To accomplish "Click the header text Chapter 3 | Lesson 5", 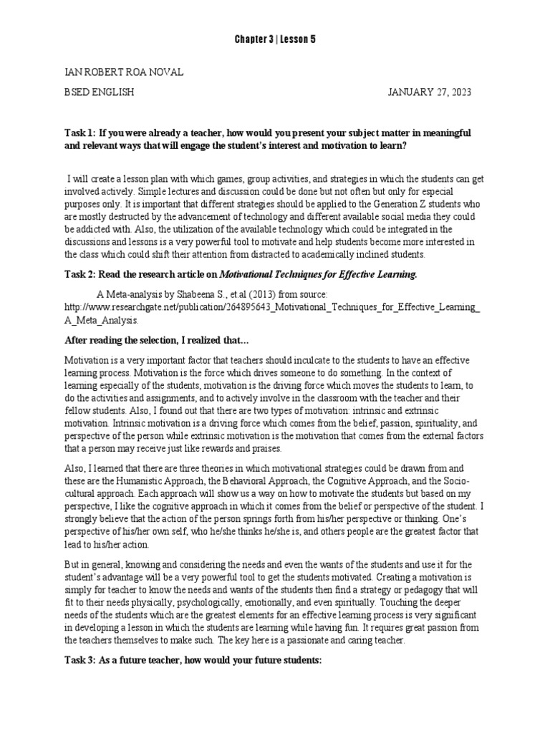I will coord(275,39).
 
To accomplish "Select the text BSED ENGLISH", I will coord(99,93).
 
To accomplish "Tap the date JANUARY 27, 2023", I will coord(430,93).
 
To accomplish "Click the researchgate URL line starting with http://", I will coord(273,308).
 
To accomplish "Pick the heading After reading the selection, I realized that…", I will coord(156,339).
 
